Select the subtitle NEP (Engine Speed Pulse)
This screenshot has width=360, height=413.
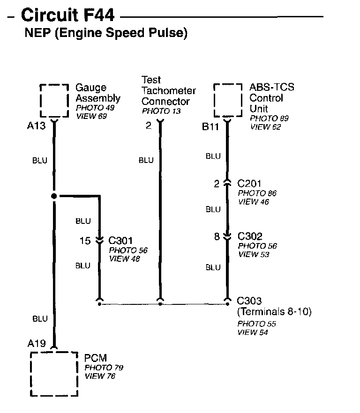105,34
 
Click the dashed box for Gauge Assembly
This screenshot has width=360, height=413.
55,100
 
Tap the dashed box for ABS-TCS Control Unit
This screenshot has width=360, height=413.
228,100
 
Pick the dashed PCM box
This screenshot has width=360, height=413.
54,373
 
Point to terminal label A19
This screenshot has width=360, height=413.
37,344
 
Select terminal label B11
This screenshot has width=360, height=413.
211,126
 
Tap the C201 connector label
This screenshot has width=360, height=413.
250,184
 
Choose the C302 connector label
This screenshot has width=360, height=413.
250,236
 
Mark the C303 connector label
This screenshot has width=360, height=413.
249,301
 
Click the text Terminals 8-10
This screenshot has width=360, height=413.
274,311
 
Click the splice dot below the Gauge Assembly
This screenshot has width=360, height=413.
54,196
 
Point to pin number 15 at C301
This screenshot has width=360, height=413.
85,241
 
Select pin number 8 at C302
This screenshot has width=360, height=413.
217,237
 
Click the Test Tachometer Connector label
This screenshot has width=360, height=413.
168,91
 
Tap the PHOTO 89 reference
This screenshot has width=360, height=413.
269,118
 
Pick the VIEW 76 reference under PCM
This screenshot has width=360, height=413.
100,376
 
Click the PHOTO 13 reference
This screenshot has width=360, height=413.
161,111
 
